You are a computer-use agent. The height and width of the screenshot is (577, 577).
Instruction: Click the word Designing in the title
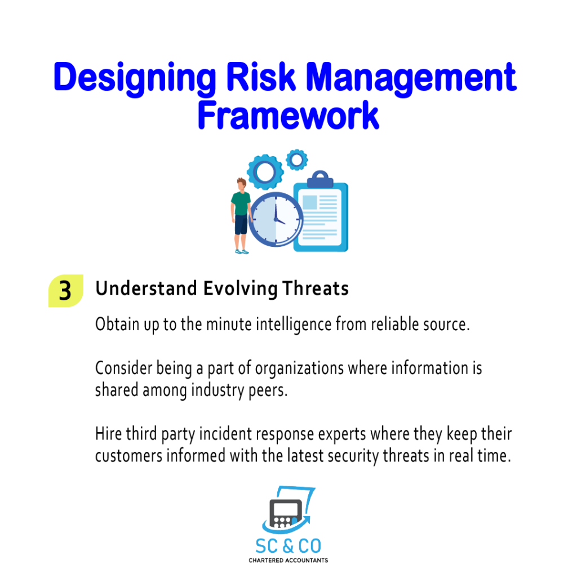[x=135, y=78]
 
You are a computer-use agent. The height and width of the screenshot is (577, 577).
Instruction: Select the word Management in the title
[x=411, y=78]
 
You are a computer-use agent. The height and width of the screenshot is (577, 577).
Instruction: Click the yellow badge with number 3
[x=66, y=291]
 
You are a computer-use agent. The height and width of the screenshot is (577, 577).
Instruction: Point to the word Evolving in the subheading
[x=240, y=288]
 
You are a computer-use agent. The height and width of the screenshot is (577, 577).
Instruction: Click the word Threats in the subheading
[x=316, y=288]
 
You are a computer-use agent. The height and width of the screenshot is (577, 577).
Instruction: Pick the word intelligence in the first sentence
[x=294, y=325]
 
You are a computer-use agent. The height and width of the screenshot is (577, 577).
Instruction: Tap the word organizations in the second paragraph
[x=299, y=369]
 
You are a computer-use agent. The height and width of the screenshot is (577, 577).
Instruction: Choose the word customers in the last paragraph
[x=129, y=456]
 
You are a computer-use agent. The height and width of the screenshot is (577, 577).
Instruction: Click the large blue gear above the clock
[x=265, y=172]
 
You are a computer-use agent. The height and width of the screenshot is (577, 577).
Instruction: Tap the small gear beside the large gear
[x=296, y=159]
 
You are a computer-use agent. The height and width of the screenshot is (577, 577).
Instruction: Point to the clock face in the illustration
[x=276, y=220]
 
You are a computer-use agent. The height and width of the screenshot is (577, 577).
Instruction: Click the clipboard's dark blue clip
[x=320, y=180]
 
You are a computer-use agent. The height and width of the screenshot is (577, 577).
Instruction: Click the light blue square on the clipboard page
[x=310, y=202]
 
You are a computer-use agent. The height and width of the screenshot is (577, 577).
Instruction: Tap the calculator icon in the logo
[x=286, y=513]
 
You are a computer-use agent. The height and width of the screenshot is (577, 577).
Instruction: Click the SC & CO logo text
[x=288, y=546]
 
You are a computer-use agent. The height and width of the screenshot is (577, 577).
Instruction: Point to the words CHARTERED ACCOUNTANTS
[x=288, y=561]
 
